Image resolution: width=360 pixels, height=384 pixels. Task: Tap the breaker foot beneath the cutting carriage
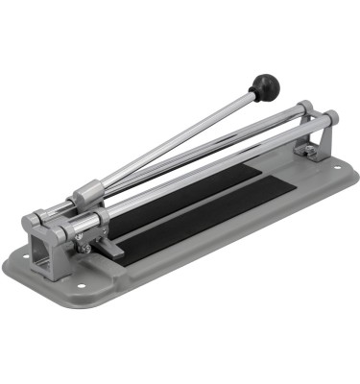point(108,248)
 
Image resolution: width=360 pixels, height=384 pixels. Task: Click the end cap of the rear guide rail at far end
point(303,108)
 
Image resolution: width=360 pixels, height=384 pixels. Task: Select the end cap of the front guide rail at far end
point(329,119)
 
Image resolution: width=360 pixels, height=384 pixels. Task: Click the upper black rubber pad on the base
point(192,187)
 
